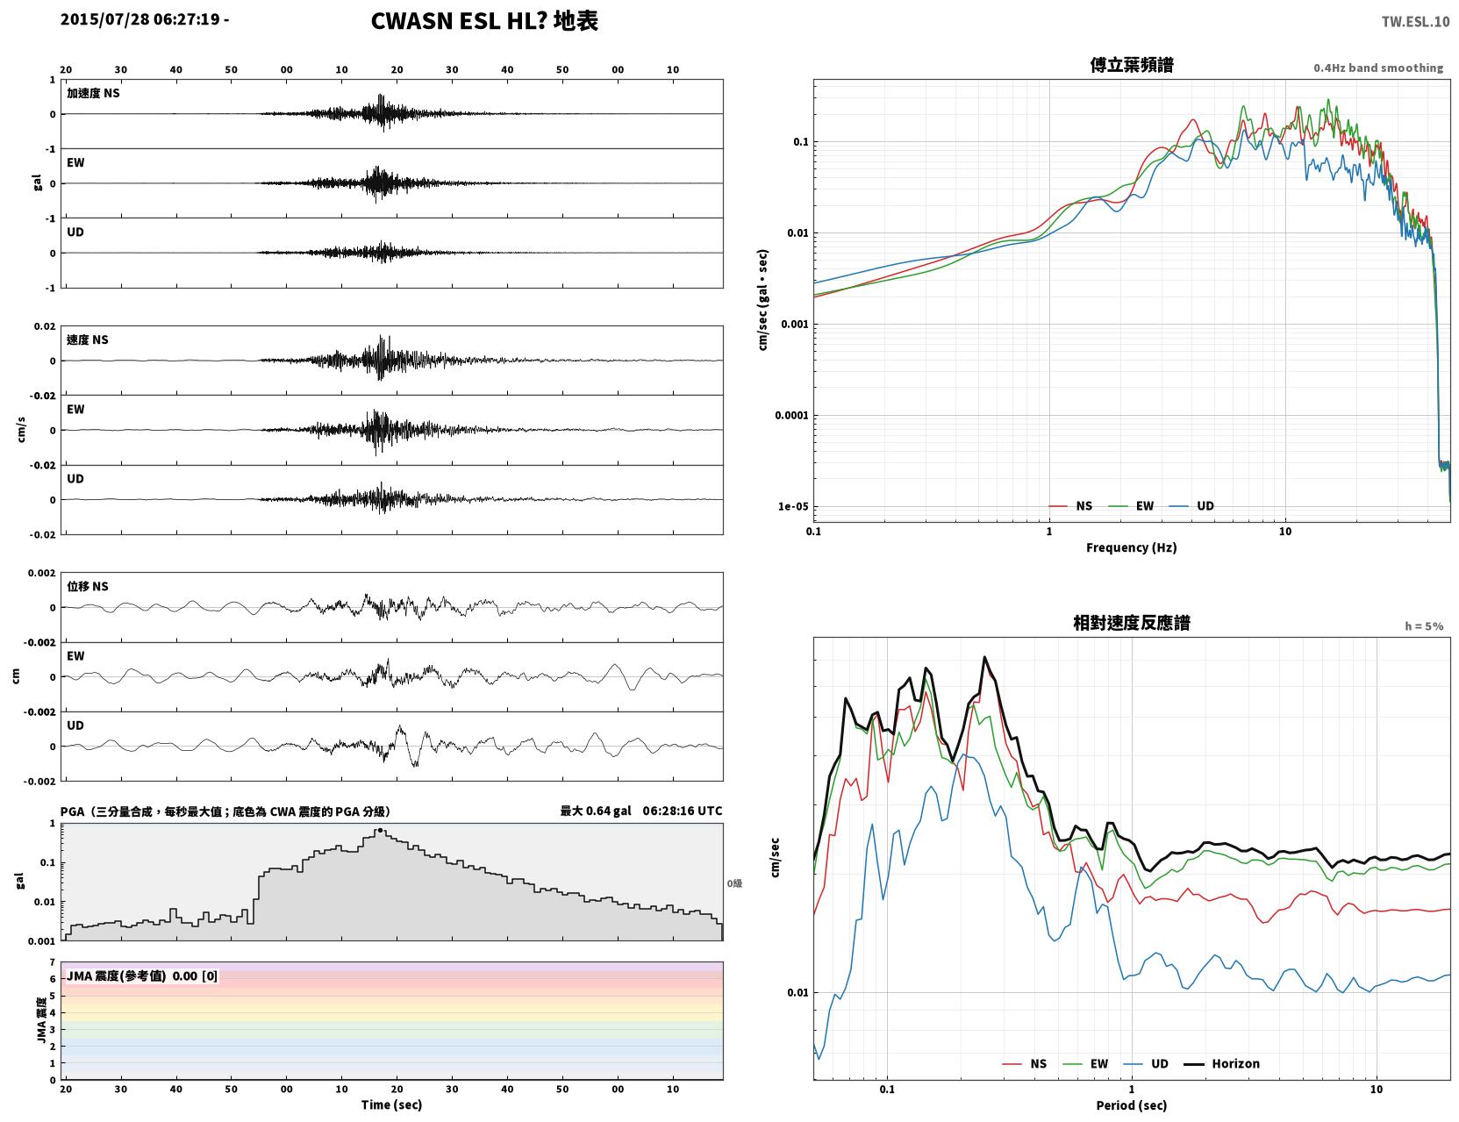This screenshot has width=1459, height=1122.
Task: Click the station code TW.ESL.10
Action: point(1415,21)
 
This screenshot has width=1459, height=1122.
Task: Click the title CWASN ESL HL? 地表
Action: point(484,21)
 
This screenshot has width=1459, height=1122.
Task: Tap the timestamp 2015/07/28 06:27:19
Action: point(140,18)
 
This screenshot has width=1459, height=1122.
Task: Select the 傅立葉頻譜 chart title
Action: point(1132,65)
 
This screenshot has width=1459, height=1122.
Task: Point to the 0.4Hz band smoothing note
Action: point(1377,68)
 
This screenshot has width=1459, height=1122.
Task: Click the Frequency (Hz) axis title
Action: point(1132,547)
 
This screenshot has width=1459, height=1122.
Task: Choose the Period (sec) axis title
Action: point(1132,1105)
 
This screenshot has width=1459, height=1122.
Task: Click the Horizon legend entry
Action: point(1222,1063)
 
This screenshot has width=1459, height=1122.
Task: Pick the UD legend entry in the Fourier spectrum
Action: point(1191,506)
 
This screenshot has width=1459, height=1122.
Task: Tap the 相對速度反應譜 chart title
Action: point(1132,623)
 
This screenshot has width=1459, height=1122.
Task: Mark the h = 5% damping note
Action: point(1423,626)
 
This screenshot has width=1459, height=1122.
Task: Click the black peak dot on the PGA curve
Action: point(379,831)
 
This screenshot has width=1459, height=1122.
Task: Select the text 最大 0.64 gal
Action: point(596,811)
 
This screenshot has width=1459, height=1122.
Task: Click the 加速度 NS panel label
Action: point(93,93)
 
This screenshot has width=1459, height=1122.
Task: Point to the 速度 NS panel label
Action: point(87,339)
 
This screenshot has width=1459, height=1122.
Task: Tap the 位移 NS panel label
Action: point(87,586)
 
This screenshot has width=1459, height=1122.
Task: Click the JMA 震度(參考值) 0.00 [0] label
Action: point(141,975)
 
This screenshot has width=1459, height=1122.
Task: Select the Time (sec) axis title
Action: point(391,1104)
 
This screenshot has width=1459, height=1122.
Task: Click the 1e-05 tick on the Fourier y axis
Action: point(793,506)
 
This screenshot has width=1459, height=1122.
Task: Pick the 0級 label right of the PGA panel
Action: point(734,883)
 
